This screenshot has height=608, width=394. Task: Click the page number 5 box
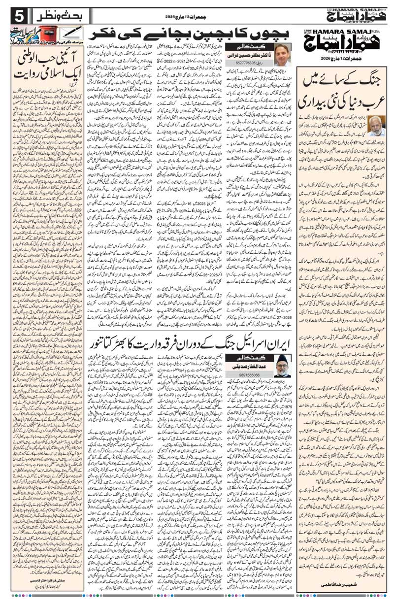point(11,15)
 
